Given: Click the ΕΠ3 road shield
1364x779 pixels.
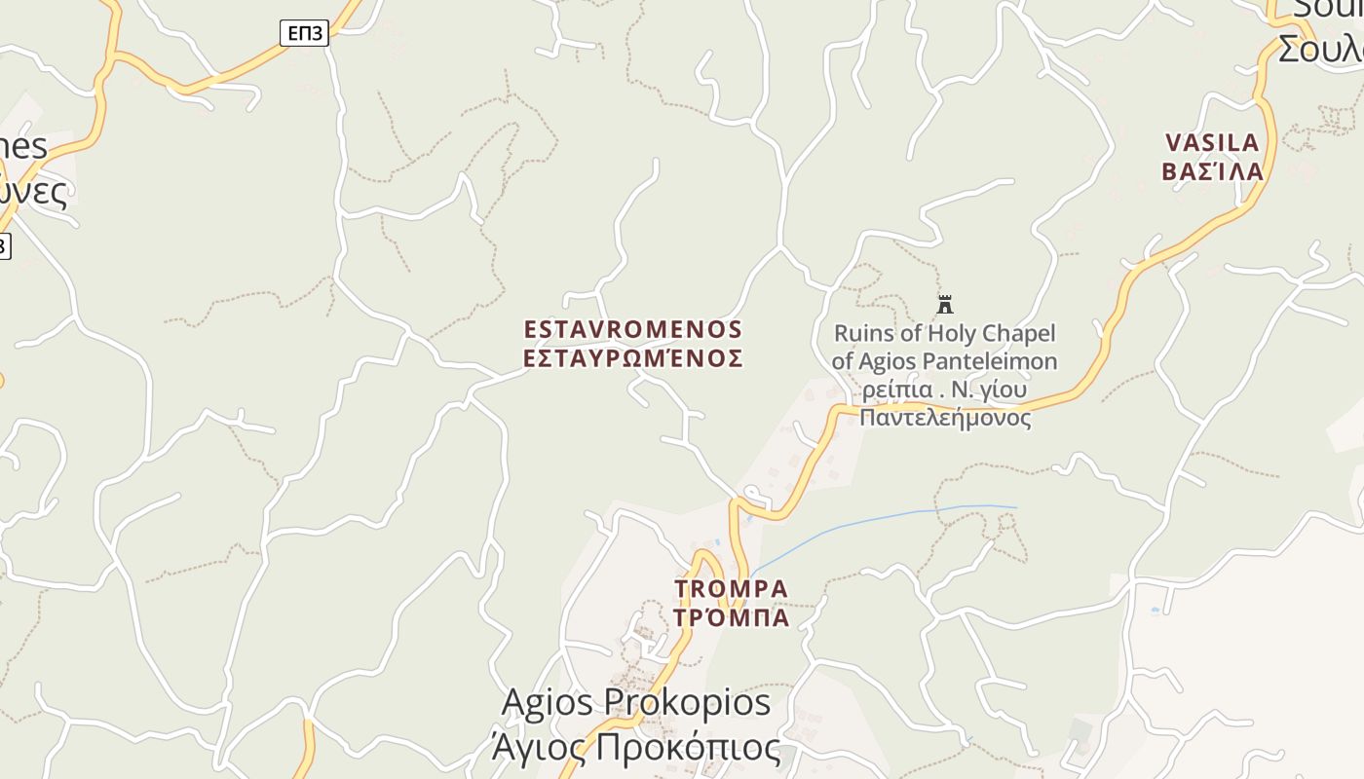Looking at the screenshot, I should pos(304,33).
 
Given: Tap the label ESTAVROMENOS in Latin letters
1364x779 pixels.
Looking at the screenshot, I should pos(632,329).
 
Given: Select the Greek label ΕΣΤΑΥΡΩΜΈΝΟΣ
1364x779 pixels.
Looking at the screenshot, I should pos(632,358).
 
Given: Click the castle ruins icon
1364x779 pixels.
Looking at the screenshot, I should pos(944,304).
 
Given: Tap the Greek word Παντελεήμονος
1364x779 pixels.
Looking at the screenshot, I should pos(944,418).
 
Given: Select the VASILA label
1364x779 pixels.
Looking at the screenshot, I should pos(1212,143).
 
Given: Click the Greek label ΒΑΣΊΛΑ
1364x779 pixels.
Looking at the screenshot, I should pos(1212,172).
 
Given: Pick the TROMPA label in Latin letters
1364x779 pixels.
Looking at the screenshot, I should pos(731,589).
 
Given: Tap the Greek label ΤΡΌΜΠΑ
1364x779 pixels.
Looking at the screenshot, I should pos(731,617).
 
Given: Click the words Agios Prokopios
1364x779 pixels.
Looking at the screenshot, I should pos(635,701).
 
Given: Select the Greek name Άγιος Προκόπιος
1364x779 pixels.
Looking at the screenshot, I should pos(635,748).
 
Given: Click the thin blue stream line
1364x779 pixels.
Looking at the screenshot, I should pos(877,518).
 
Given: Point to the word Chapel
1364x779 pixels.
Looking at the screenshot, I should pos(1017,334).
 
